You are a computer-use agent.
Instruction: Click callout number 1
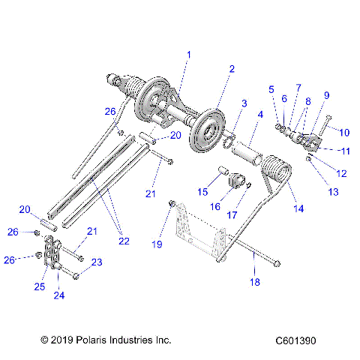[188, 55]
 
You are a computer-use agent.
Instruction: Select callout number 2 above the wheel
[232, 68]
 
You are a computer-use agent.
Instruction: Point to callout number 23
[96, 262]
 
